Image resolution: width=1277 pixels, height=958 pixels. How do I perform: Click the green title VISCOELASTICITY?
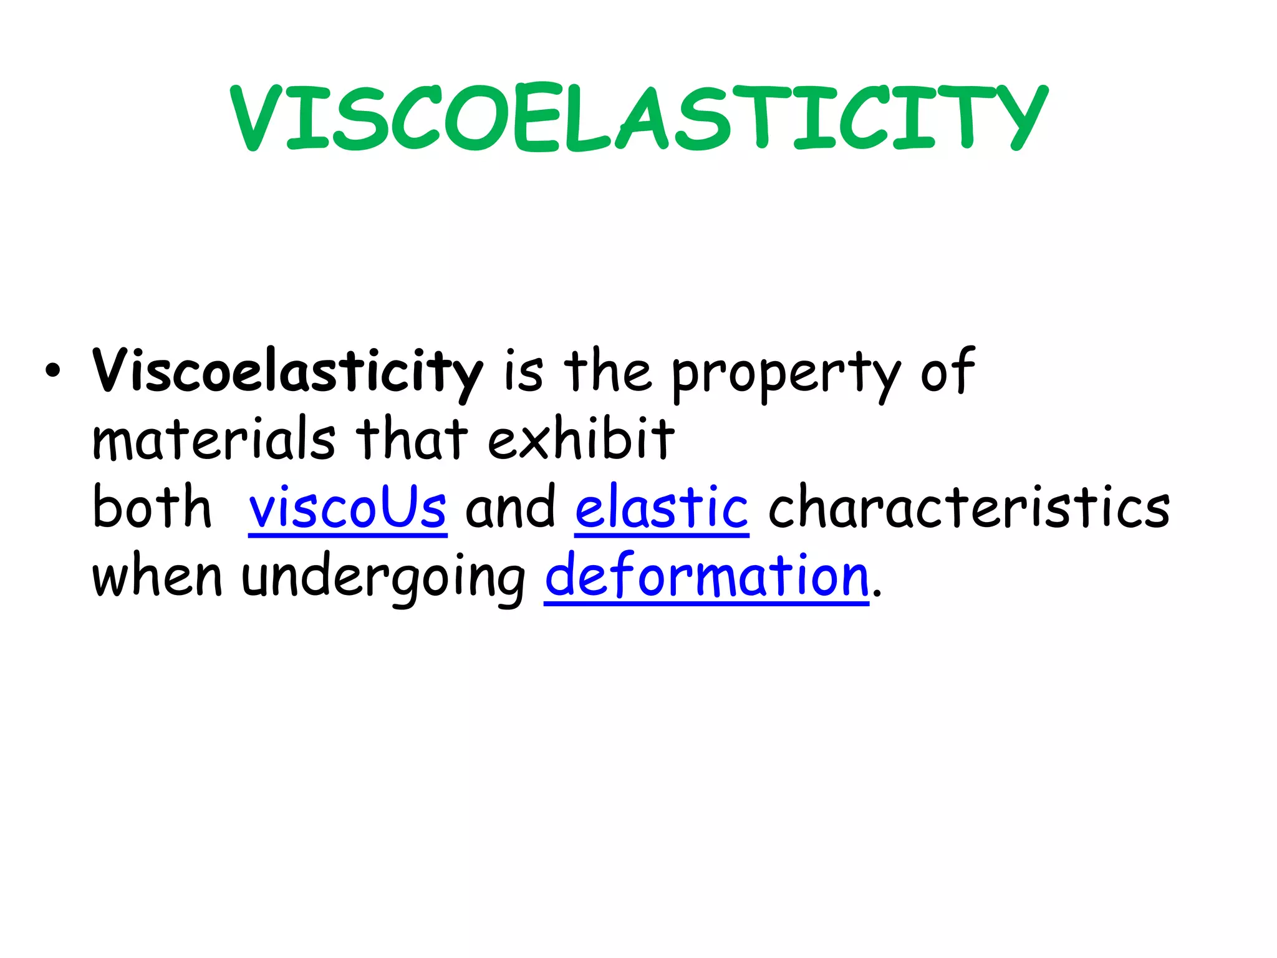638,118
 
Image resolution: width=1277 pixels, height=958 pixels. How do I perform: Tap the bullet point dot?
53,372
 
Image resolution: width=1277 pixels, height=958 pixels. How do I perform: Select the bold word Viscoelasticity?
287,372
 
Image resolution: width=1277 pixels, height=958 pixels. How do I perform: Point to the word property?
786,374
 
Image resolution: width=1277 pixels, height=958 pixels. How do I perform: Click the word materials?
214,439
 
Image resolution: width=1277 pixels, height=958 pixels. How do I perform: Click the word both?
152,507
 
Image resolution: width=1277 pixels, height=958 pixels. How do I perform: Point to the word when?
157,576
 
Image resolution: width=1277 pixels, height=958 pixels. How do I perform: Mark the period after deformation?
877,594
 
